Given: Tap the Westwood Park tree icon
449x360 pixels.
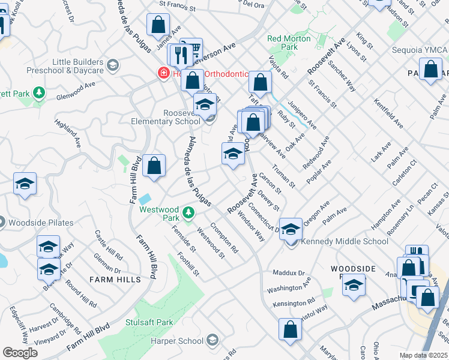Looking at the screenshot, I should [188, 212].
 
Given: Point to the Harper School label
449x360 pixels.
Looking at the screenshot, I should [182, 341].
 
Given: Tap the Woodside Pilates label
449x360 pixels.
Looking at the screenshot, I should [41, 223].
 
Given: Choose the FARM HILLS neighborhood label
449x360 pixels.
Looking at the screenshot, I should [115, 280].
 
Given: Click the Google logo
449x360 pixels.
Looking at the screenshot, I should [20, 353].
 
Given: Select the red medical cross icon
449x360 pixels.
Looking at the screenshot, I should [162, 74].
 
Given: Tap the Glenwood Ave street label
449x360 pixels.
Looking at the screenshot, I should [76, 90].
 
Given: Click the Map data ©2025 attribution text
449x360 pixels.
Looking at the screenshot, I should [423, 355].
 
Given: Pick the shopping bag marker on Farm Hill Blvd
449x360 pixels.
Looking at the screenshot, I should [154, 166].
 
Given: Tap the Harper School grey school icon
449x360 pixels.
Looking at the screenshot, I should [211, 341].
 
